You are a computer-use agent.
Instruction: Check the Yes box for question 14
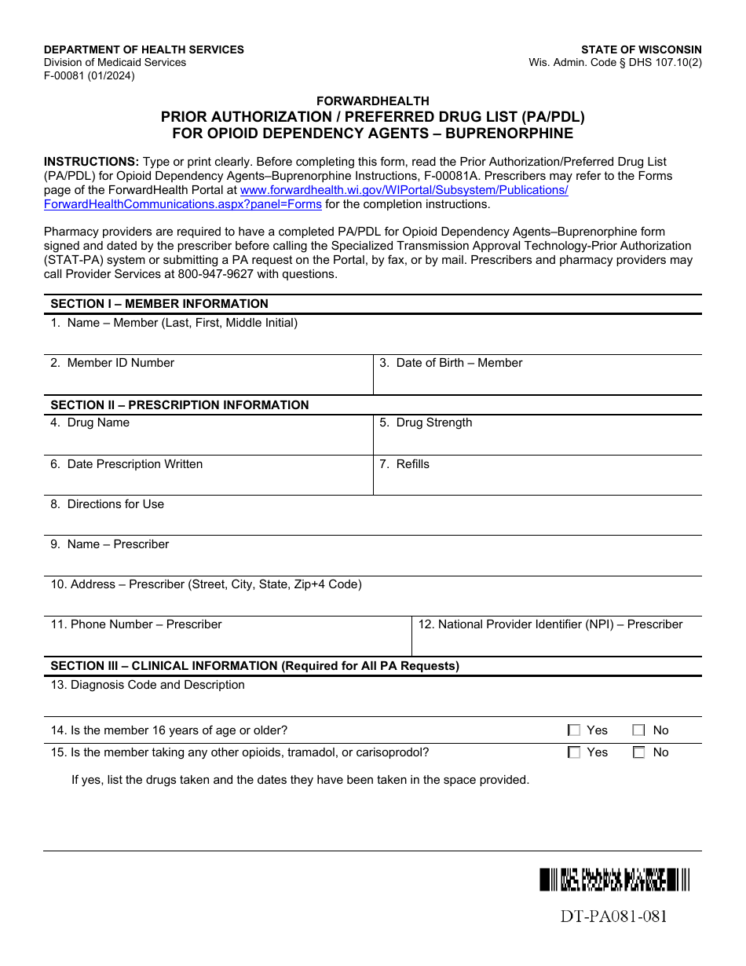[574, 730]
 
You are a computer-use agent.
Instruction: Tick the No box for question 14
[638, 730]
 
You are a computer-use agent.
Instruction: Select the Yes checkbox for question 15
[574, 752]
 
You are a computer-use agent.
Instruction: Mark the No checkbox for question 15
[638, 752]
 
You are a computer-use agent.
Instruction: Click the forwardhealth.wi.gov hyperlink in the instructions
[404, 190]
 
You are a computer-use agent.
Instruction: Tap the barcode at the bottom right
[614, 880]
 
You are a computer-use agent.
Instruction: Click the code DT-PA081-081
[613, 917]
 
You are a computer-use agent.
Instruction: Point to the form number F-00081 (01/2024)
[89, 76]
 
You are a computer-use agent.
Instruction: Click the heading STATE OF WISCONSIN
[641, 49]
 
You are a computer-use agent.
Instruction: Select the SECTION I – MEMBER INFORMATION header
[159, 304]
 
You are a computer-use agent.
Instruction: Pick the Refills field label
[412, 464]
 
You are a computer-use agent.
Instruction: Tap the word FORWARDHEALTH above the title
[372, 101]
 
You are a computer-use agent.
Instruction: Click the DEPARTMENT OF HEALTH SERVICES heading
[144, 49]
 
